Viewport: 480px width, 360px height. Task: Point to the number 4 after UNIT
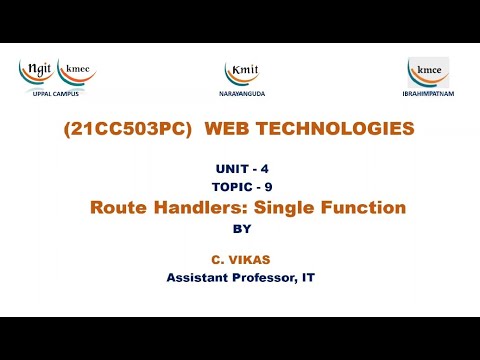pos(264,170)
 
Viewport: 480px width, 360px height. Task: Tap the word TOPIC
pos(230,187)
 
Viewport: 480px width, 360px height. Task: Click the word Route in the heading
pos(118,208)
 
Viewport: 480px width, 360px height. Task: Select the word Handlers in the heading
pos(200,208)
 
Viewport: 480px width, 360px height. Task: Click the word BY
pos(240,228)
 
